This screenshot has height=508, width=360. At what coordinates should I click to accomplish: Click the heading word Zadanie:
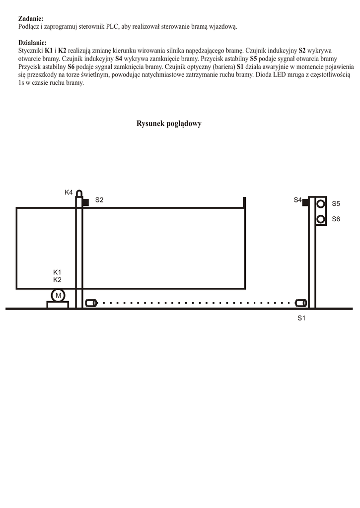coord(31,18)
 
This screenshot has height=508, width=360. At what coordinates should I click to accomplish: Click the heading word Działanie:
coord(32,43)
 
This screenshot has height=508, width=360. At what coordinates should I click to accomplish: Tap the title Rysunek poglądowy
coord(169,124)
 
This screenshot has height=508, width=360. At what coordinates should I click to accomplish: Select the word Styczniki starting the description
coord(30,51)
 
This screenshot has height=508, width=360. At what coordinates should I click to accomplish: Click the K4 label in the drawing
coord(69,192)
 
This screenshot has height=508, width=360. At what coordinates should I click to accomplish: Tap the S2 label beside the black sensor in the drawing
coord(99,200)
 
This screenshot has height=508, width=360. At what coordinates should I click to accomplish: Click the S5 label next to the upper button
coord(336,204)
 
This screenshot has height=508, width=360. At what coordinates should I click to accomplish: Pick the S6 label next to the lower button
coord(336,219)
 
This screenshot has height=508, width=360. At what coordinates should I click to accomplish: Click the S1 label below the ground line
coord(301,318)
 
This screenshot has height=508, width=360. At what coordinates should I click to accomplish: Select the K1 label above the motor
coord(57,272)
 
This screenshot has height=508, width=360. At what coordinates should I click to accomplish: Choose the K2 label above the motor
coord(57,280)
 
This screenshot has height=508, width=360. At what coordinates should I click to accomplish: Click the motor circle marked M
coord(58,296)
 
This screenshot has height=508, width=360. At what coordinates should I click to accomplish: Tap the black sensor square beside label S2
coord(85,202)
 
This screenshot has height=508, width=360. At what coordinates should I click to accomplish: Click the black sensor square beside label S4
coord(306,202)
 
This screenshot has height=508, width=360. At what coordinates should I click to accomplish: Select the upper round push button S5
coord(321,203)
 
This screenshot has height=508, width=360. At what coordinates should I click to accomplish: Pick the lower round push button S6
coord(321,219)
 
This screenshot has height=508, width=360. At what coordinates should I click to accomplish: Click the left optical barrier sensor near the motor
coord(90,303)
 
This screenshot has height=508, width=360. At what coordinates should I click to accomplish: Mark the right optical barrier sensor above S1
coord(300,303)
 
